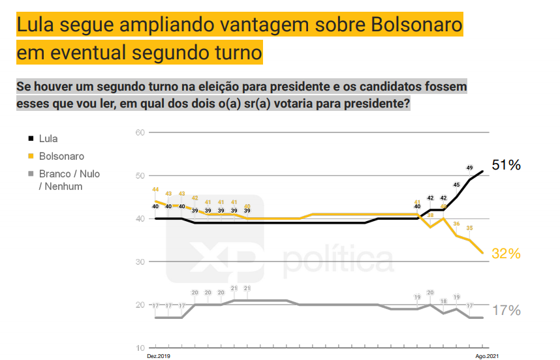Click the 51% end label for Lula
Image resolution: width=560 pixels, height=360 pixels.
506,165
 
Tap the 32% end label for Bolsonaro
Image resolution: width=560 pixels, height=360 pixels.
506,254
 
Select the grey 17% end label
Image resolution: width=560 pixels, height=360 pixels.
506,310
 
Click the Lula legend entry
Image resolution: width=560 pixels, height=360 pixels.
48,139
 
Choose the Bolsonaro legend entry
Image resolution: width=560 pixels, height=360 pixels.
61,157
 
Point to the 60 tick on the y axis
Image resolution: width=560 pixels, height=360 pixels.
139,133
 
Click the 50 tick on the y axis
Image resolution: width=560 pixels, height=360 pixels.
139,176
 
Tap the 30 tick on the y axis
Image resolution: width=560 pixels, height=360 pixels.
139,262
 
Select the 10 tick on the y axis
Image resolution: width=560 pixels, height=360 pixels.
139,348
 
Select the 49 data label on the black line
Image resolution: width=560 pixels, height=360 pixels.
469,168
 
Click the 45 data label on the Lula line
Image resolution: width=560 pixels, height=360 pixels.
456,185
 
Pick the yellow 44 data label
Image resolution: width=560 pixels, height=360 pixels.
155,190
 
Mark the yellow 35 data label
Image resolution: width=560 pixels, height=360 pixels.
469,228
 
